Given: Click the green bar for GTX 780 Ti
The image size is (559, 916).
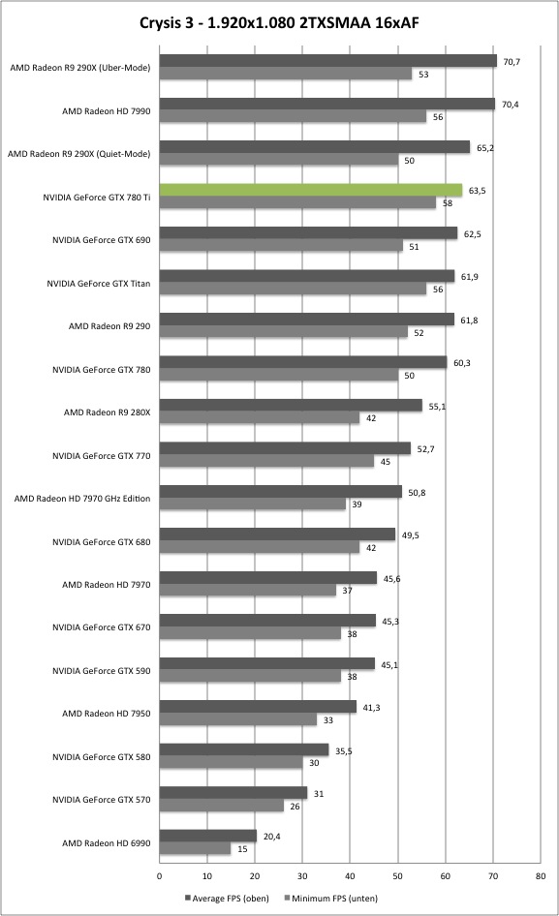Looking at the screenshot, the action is click(x=310, y=190).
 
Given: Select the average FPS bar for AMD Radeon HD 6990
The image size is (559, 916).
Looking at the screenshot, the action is click(x=208, y=836).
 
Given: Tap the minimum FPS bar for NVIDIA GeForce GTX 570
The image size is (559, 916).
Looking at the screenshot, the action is click(x=222, y=807).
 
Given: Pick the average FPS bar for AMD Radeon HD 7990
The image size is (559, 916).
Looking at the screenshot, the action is click(x=327, y=104).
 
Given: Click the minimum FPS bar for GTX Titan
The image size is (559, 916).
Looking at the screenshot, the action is click(x=293, y=289).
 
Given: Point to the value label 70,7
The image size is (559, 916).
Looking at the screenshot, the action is click(x=512, y=61).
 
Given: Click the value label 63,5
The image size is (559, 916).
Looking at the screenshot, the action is click(x=478, y=191).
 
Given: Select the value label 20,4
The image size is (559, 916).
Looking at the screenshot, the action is click(x=272, y=837).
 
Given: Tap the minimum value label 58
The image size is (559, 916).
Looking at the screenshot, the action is click(x=448, y=203).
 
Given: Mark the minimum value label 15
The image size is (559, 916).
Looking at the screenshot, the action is click(x=242, y=849).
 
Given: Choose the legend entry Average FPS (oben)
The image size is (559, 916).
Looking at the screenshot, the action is click(x=227, y=898).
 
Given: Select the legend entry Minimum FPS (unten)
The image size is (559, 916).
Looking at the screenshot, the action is click(x=330, y=898).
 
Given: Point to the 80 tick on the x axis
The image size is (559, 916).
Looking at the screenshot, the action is click(x=541, y=875).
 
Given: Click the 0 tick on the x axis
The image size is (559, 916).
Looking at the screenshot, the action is click(x=160, y=875).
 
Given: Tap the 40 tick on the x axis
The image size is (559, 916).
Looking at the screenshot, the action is click(x=350, y=875).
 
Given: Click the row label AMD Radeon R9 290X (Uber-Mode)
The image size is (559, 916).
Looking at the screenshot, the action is click(x=80, y=68).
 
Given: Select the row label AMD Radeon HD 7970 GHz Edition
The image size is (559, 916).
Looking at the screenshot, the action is click(x=82, y=499).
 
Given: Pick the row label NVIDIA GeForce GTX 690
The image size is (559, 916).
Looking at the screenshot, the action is click(x=101, y=240).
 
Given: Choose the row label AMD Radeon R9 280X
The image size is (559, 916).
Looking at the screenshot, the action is click(x=107, y=412).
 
